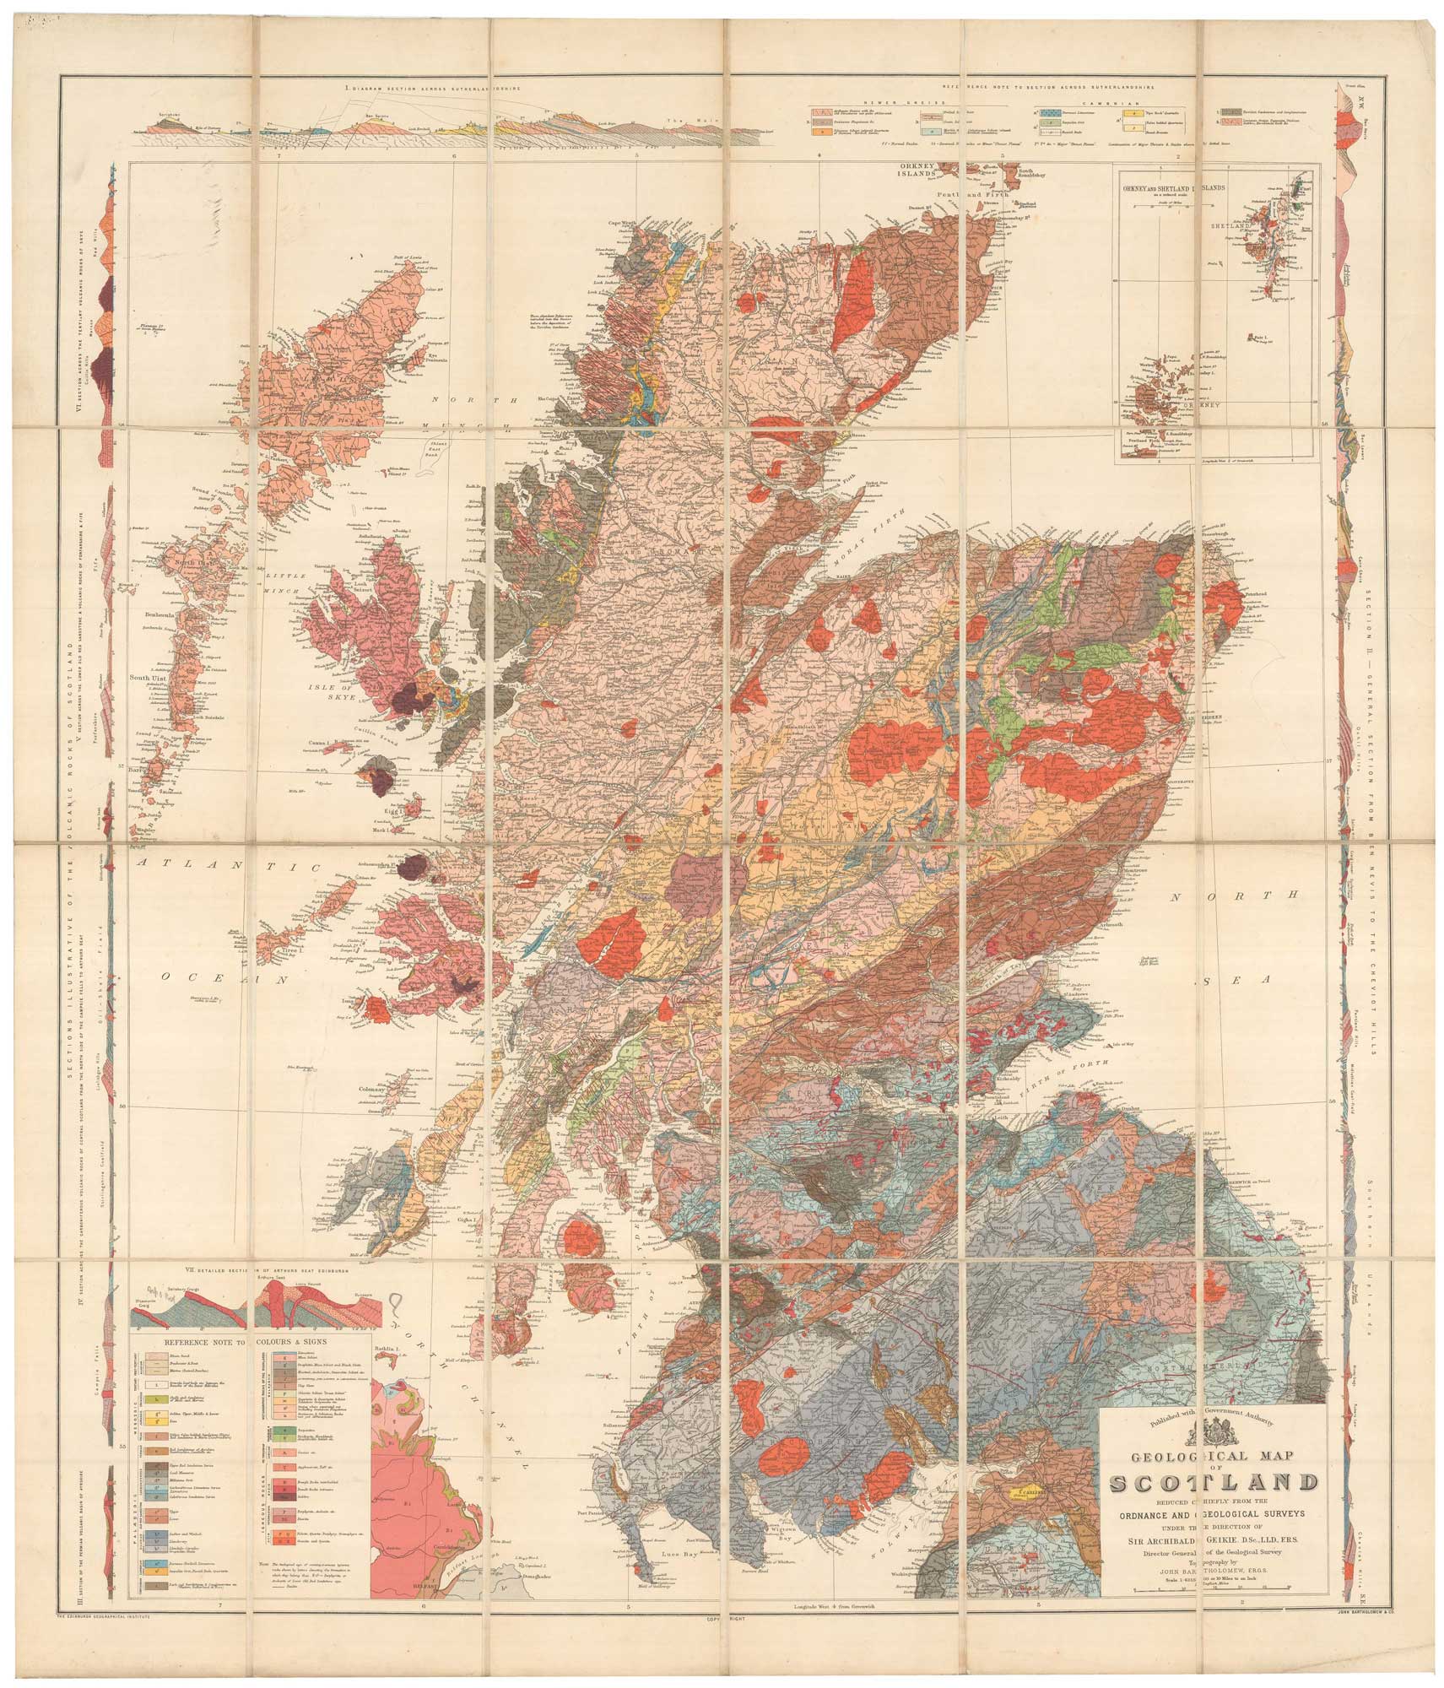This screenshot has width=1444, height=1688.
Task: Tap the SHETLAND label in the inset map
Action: (1242, 226)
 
